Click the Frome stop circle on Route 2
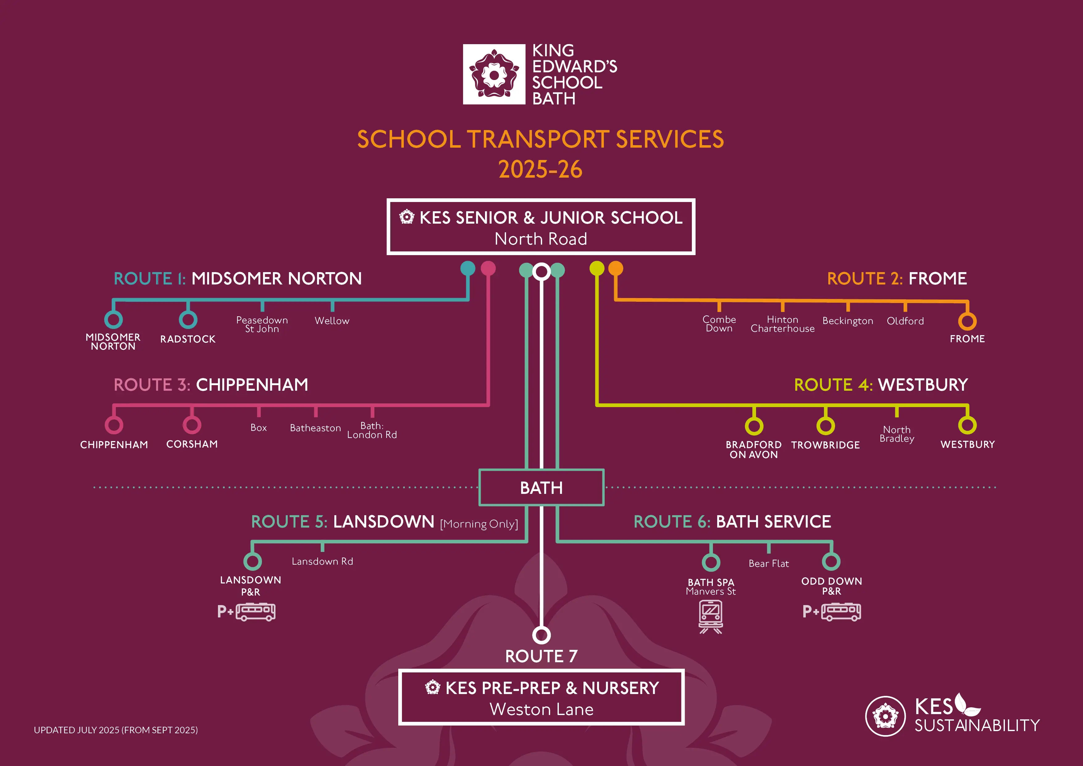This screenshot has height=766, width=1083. pyautogui.click(x=967, y=322)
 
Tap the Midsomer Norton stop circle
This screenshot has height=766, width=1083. pyautogui.click(x=113, y=319)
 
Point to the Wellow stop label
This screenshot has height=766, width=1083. pyautogui.click(x=332, y=321)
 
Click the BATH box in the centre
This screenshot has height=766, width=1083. pyautogui.click(x=541, y=487)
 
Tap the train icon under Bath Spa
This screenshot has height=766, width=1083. pyautogui.click(x=711, y=616)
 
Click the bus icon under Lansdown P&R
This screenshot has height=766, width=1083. pyautogui.click(x=256, y=612)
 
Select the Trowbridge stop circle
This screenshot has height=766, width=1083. pyautogui.click(x=826, y=425)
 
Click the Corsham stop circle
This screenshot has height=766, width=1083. pyautogui.click(x=192, y=425)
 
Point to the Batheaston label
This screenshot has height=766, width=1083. pyautogui.click(x=315, y=428)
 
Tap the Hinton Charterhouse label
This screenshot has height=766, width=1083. pyautogui.click(x=783, y=324)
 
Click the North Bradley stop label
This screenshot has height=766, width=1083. pyautogui.click(x=897, y=434)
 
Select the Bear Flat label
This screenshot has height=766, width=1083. pyautogui.click(x=768, y=563)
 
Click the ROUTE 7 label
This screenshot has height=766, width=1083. pyautogui.click(x=541, y=656)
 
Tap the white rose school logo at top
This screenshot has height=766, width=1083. pyautogui.click(x=494, y=74)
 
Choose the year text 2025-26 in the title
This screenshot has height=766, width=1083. pyautogui.click(x=541, y=170)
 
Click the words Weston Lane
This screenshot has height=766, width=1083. pyautogui.click(x=541, y=709)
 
